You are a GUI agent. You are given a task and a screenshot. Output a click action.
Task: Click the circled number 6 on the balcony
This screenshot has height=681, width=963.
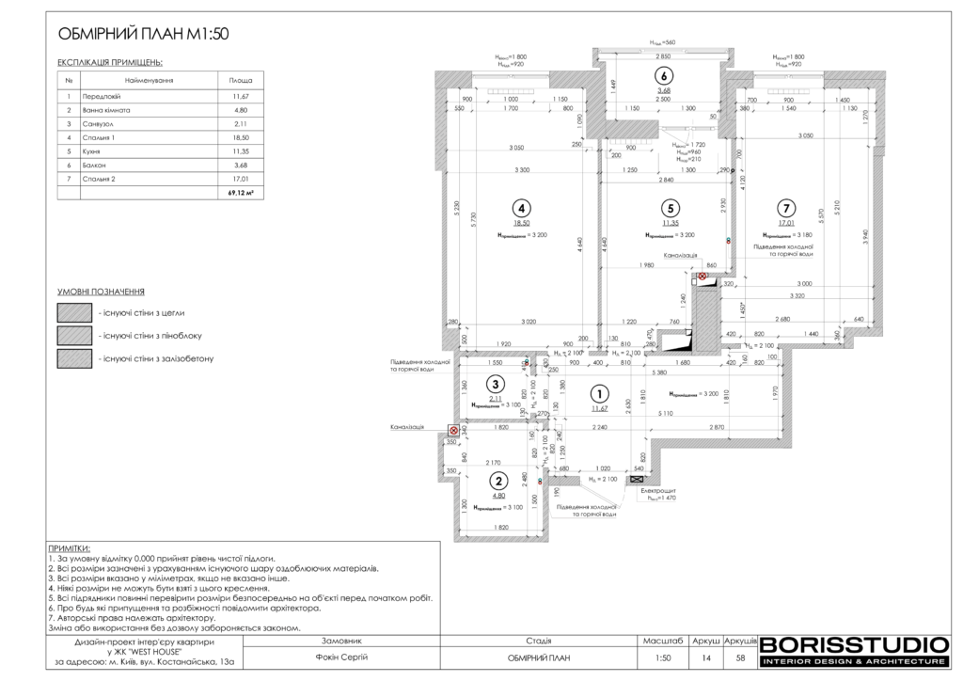click(664, 76)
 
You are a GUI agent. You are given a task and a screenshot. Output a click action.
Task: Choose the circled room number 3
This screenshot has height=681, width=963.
click(493, 384)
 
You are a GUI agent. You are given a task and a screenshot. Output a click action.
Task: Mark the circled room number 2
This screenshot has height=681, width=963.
click(498, 481)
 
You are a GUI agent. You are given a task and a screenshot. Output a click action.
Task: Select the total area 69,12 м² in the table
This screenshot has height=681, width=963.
click(241, 192)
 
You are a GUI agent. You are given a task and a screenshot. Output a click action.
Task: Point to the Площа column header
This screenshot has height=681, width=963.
click(241, 81)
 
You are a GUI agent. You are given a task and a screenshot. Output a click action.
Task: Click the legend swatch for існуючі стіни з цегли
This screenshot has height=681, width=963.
click(74, 312)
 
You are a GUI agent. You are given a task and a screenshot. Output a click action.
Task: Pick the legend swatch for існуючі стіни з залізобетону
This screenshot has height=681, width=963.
click(74, 358)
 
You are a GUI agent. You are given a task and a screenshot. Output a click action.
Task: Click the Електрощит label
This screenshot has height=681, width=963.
click(659, 491)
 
